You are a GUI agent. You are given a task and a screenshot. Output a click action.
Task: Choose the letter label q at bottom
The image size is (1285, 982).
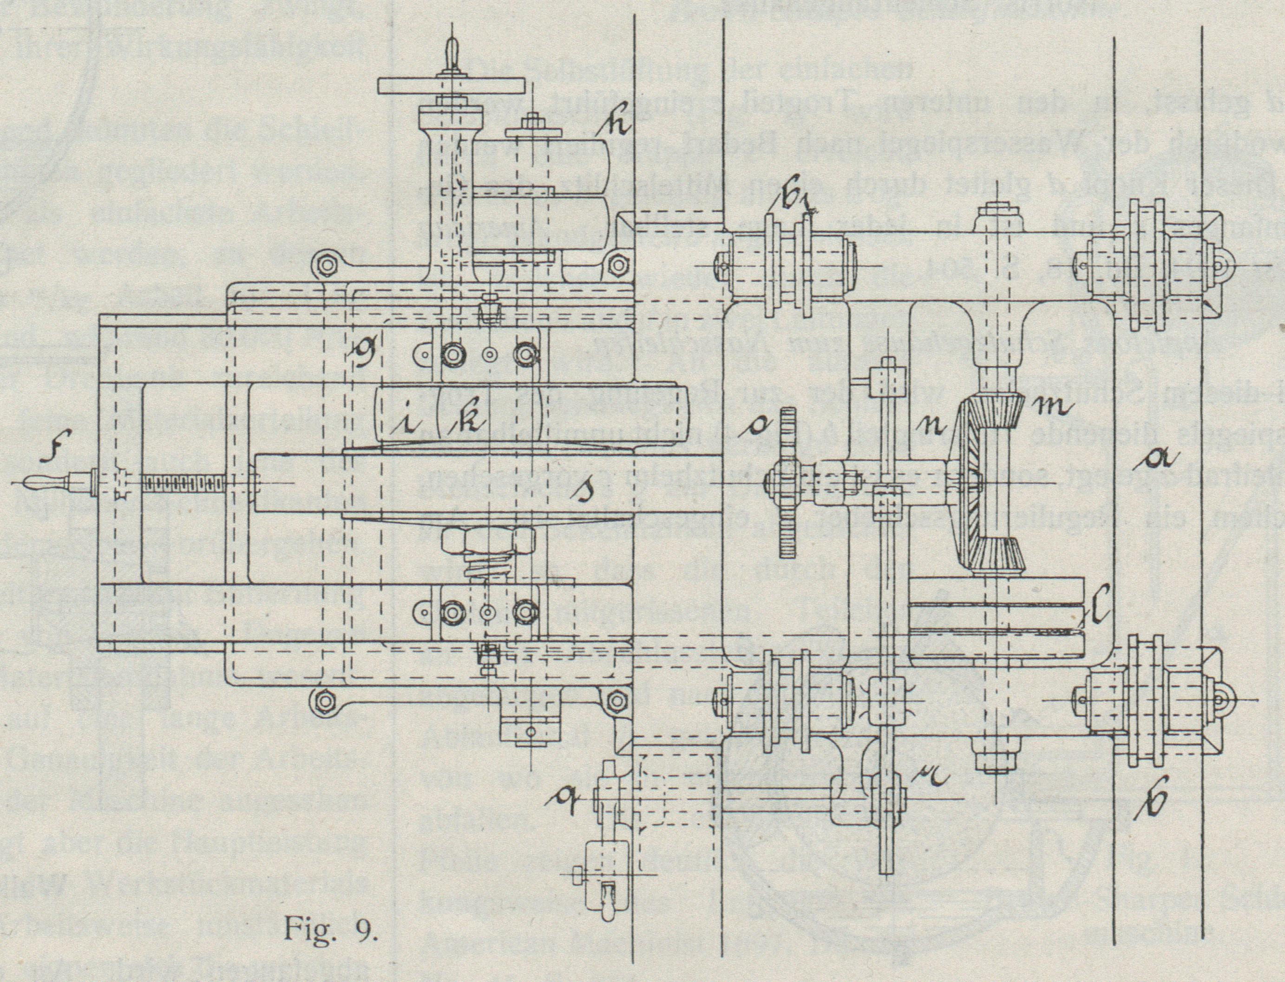click(564, 806)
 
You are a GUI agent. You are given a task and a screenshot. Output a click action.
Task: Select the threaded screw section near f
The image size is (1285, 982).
click(183, 483)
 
